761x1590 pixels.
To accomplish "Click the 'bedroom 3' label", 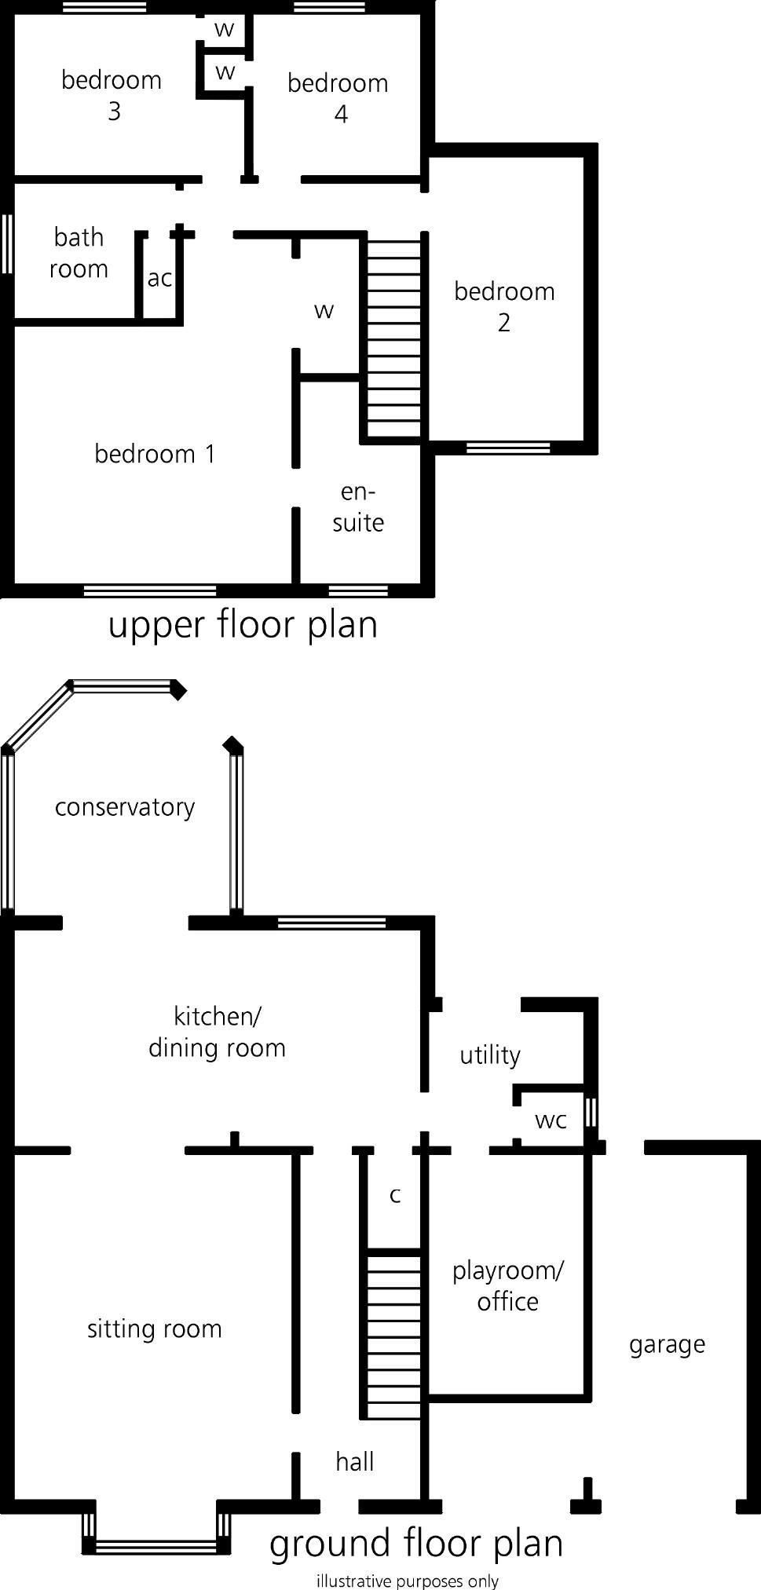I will (112, 95).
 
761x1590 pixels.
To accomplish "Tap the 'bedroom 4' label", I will (338, 98).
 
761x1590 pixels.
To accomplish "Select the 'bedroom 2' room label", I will (504, 306).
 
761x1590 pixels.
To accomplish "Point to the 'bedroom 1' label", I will (155, 453).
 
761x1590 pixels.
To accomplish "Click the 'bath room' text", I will (79, 252).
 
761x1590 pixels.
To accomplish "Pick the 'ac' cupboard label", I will (159, 277).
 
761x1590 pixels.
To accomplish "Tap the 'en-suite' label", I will (358, 506).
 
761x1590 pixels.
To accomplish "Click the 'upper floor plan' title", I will (243, 624).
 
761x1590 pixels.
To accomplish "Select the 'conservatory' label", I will (125, 806).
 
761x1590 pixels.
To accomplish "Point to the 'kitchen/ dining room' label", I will (217, 1032).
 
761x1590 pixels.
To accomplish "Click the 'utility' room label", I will (490, 1055).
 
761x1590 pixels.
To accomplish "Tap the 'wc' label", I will (551, 1120).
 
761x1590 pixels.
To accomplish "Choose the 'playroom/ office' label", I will (507, 1285).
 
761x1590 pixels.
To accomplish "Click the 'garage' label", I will (667, 1344).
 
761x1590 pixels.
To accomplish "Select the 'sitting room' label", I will (155, 1329).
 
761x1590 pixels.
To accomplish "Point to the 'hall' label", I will (354, 1461).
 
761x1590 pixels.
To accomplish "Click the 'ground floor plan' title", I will (416, 1543).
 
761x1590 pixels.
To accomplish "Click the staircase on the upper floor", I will (395, 338).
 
